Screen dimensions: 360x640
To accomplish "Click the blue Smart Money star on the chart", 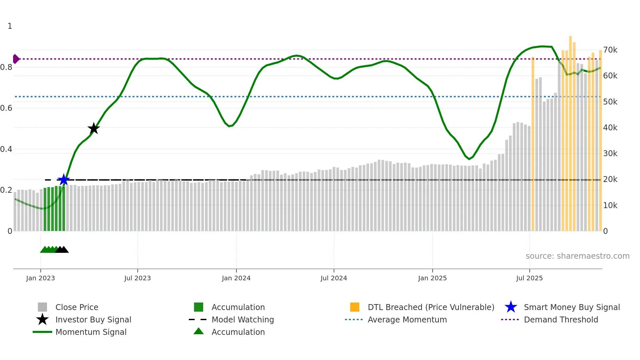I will (64, 180).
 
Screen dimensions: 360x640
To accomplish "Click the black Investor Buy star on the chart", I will (94, 128).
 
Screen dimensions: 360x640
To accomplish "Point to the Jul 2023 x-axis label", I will (137, 278).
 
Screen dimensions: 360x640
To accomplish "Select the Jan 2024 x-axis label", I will (236, 278).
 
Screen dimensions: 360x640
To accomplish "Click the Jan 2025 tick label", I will (432, 278).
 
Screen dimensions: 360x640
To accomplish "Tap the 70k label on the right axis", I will (610, 50).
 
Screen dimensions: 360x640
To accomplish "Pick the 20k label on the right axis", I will (610, 179).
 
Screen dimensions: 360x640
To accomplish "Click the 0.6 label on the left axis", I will (6, 108).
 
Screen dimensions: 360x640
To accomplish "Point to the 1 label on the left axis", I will (10, 26).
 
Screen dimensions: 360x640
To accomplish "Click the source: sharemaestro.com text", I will (577, 256).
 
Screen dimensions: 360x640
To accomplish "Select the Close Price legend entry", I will (77, 307).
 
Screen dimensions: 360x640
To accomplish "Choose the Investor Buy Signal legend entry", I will (93, 319).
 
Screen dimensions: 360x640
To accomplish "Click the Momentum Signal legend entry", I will (91, 332).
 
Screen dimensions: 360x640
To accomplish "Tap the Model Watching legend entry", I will (243, 319).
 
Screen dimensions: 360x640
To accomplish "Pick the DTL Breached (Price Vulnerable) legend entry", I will (431, 307).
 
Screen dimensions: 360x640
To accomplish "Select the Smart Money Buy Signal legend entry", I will (571, 307).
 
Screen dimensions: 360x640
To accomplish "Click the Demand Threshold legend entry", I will (561, 319).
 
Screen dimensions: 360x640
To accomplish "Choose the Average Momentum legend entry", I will (407, 319).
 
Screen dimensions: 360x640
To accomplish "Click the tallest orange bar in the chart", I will (570, 131).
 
